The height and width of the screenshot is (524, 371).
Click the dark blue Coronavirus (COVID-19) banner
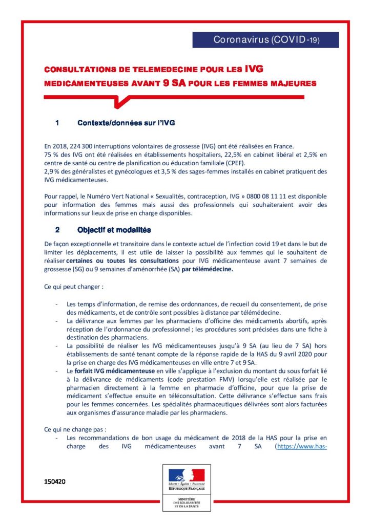point(265,40)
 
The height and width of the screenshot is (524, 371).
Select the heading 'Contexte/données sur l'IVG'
point(126,123)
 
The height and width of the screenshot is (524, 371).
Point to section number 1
point(57,123)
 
